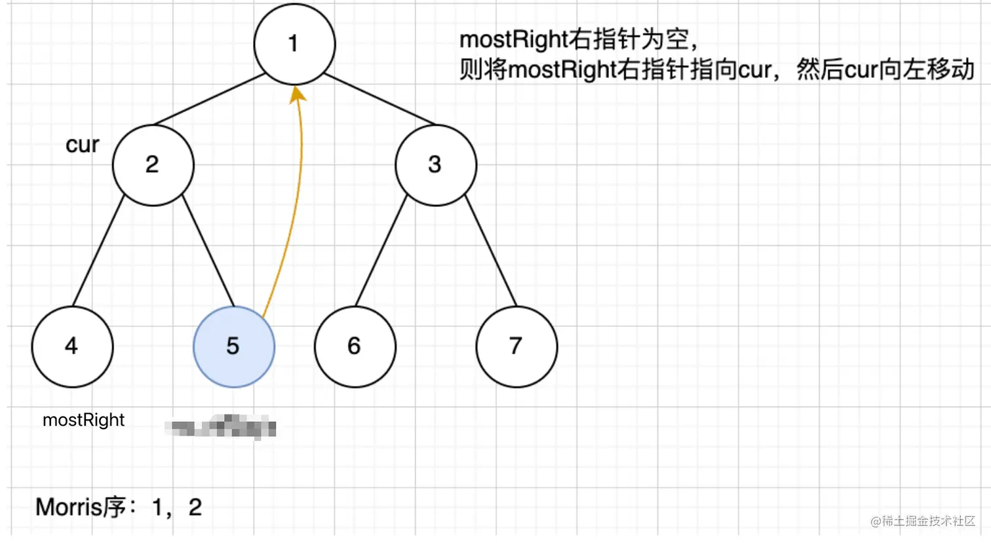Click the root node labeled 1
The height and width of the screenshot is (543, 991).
click(x=294, y=44)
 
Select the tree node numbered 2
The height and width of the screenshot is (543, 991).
click(x=153, y=164)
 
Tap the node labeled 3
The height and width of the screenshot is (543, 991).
click(x=435, y=164)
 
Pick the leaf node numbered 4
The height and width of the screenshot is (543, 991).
click(x=72, y=346)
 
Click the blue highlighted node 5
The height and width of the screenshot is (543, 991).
click(x=233, y=346)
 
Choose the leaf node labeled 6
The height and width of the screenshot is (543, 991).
click(x=355, y=346)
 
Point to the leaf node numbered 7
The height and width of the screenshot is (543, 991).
click(x=516, y=346)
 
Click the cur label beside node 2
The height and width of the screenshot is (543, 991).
click(x=82, y=145)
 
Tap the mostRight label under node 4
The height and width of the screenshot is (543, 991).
click(x=83, y=420)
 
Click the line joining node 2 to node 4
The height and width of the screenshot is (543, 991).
click(x=98, y=251)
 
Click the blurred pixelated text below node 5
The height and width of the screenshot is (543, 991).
click(x=220, y=427)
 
